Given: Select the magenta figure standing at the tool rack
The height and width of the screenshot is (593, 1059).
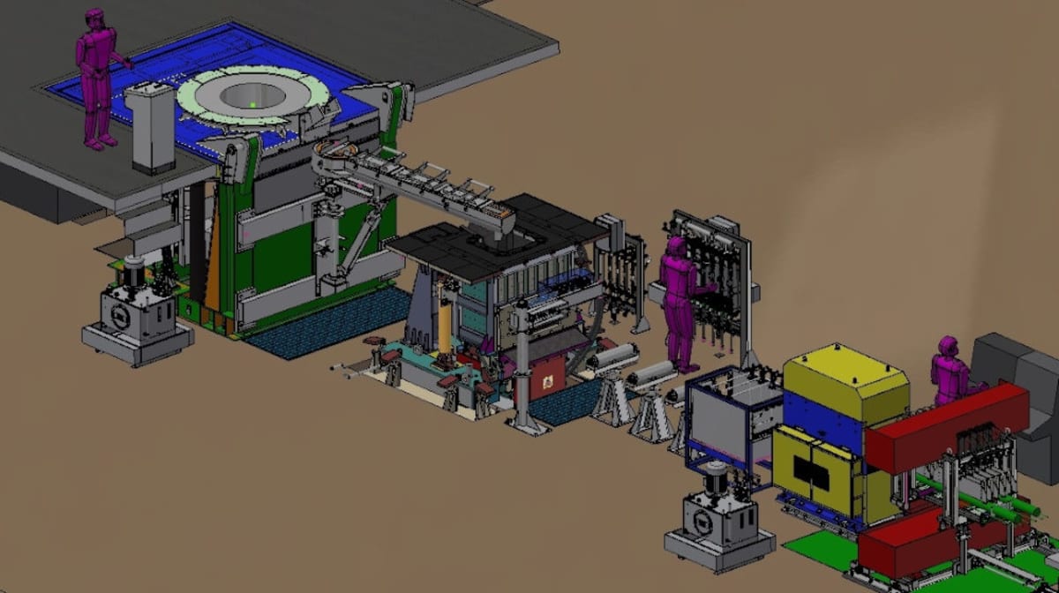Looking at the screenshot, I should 678,300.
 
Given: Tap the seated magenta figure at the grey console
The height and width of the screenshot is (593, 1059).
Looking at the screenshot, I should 950,372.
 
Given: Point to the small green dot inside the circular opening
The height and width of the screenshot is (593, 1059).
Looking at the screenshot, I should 253,105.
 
